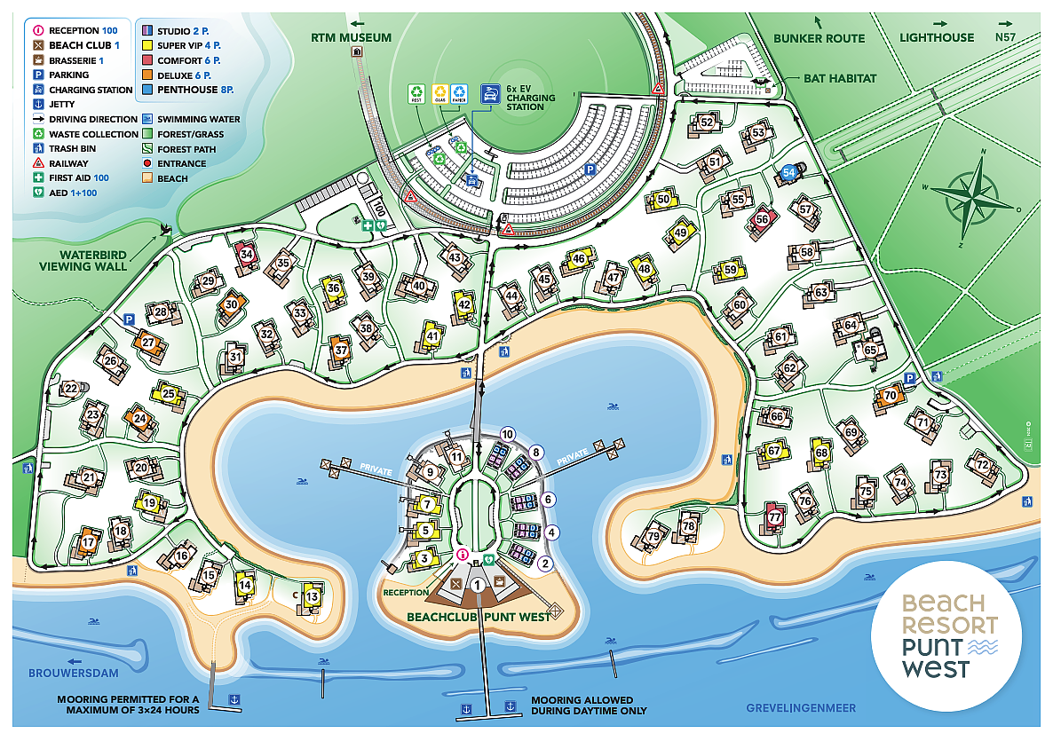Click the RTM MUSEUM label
pyautogui.click(x=351, y=37)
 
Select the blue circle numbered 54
pyautogui.click(x=789, y=173)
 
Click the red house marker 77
pyautogui.click(x=775, y=517)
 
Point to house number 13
pyautogui.click(x=312, y=597)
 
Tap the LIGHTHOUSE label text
pyautogui.click(x=937, y=38)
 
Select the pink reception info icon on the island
pyautogui.click(x=462, y=555)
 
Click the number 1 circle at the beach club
pyautogui.click(x=479, y=584)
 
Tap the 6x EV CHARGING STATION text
pyautogui.click(x=531, y=98)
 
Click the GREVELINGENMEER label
pyautogui.click(x=801, y=707)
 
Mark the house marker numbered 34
pyautogui.click(x=247, y=254)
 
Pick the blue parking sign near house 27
pyautogui.click(x=129, y=319)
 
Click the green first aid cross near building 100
pyautogui.click(x=366, y=226)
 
